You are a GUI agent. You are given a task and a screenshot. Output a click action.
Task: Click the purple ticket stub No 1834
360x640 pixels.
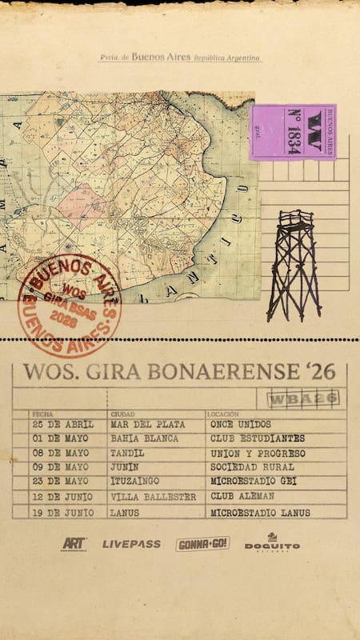point(293,132)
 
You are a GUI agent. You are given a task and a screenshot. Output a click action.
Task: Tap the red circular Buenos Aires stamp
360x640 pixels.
point(69,304)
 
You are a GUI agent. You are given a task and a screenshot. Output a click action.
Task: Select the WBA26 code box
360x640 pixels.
point(298,398)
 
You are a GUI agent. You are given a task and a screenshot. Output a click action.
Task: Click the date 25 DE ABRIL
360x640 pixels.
point(62,424)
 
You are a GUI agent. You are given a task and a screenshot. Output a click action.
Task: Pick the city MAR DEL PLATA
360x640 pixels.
point(147,424)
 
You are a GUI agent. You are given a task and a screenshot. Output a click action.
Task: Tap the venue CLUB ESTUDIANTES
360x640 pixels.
point(257,438)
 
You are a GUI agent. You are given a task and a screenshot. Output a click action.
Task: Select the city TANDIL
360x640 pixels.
point(129,453)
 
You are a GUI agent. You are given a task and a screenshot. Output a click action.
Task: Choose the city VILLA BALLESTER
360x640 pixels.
point(153,497)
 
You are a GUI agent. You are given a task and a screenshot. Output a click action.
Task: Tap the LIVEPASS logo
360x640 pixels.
point(131,544)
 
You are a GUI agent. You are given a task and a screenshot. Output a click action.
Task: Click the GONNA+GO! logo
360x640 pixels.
point(202,544)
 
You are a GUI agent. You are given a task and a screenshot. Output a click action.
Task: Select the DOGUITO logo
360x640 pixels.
point(272,543)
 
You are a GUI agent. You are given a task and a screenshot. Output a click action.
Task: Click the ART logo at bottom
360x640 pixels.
point(74,544)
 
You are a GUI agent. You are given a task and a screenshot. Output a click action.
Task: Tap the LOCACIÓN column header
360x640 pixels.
point(223,414)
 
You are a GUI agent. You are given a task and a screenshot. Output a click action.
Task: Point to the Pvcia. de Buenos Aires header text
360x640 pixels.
point(179,58)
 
